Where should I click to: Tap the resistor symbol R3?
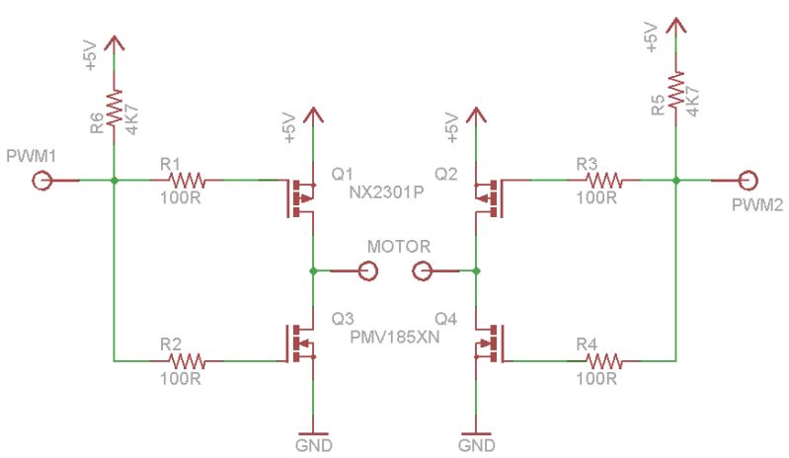pos(602,181)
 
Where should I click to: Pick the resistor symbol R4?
pos(602,359)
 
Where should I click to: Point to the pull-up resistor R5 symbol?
pos(675,92)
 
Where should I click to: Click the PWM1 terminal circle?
pos(42,181)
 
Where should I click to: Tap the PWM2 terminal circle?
pos(748,181)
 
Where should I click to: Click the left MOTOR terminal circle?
pos(368,269)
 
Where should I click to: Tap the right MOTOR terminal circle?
pos(422,269)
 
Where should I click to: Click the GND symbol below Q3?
pos(313,431)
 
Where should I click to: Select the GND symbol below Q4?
pos(476,431)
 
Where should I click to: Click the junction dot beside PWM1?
pos(115,181)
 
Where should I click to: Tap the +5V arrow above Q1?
pos(313,115)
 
